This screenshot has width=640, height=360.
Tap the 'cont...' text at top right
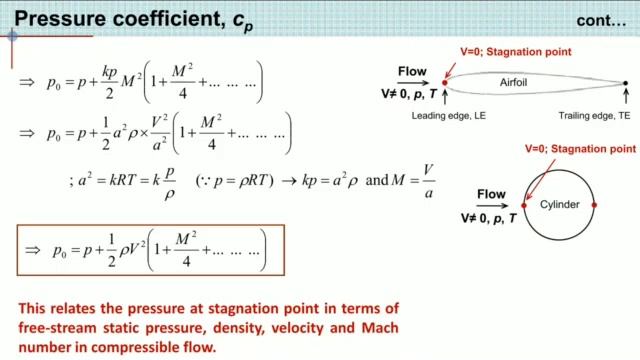(604, 22)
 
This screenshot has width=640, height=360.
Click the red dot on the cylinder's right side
(594, 204)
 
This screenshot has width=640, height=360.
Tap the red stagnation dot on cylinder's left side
(524, 204)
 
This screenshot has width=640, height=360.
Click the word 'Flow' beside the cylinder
(491, 193)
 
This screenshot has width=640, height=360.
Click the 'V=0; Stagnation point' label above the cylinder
(580, 148)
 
